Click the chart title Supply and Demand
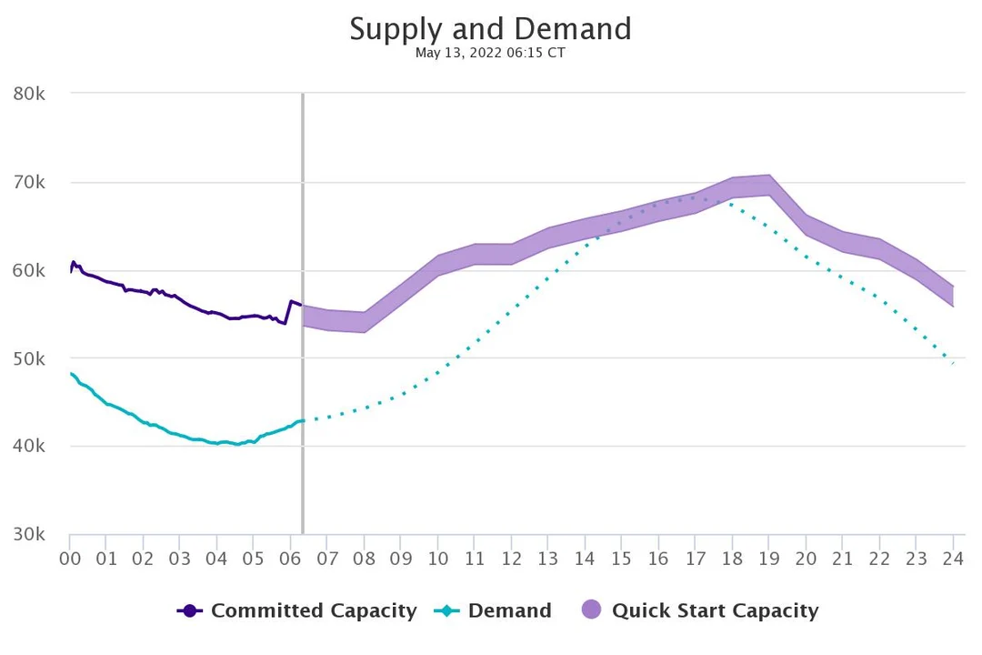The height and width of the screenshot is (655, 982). pos(490,29)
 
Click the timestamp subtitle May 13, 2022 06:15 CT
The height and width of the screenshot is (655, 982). pos(490,53)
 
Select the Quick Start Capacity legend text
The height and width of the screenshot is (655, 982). pos(715,610)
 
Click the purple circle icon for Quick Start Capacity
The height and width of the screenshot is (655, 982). pos(591,610)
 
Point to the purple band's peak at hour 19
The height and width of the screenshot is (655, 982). pos(769,185)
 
